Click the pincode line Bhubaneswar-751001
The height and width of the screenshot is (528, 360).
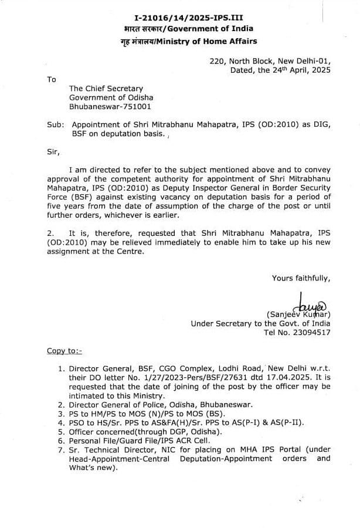(x=110, y=106)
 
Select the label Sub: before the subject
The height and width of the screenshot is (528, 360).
(x=56, y=125)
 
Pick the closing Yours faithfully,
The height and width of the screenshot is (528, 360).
(x=300, y=278)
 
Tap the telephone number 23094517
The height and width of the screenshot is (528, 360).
(x=311, y=332)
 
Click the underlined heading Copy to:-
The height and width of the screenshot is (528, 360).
(x=64, y=351)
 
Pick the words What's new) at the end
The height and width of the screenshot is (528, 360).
(x=93, y=468)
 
